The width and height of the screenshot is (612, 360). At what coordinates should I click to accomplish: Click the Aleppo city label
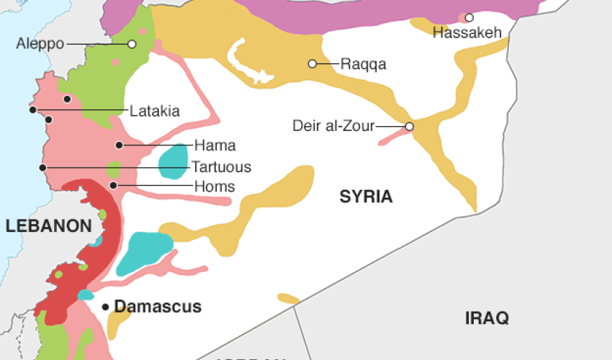click(x=40, y=44)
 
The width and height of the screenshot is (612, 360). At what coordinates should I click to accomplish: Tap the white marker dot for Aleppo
click(x=132, y=44)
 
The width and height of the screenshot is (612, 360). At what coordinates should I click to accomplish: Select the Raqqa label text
click(x=364, y=64)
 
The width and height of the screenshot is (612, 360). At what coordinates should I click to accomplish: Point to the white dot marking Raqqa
click(x=312, y=63)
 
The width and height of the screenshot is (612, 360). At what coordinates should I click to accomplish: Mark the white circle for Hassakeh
click(x=469, y=17)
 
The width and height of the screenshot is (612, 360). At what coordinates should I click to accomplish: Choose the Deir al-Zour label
click(x=333, y=126)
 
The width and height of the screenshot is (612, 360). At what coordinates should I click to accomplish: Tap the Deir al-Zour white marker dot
click(x=409, y=127)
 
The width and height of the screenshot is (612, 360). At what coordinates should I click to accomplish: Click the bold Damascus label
click(x=158, y=307)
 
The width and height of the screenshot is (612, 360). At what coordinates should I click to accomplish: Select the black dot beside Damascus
click(x=106, y=307)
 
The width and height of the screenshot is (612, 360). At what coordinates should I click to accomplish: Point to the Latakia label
click(x=155, y=111)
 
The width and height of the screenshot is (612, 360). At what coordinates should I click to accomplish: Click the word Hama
click(x=215, y=145)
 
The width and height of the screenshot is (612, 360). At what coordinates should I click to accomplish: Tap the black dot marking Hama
click(x=119, y=145)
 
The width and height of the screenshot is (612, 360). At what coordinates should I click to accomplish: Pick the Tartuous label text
click(x=221, y=167)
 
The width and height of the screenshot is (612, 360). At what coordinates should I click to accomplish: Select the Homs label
click(x=215, y=186)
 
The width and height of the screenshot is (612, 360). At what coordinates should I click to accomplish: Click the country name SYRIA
click(x=366, y=197)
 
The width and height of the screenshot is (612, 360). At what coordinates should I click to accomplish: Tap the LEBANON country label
click(x=48, y=226)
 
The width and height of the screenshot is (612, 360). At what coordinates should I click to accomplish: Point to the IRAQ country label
click(x=487, y=318)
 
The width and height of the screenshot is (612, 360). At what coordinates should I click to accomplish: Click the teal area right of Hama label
click(x=174, y=161)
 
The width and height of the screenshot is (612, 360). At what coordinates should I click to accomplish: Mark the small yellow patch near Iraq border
click(x=288, y=298)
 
